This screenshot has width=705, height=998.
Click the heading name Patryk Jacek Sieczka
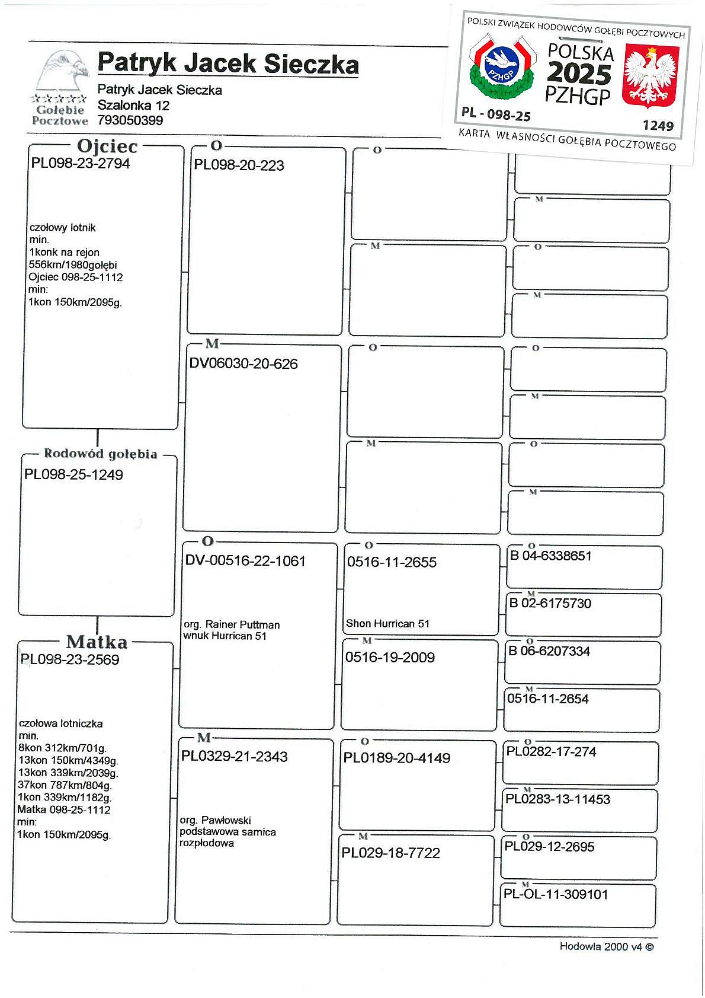pos(228,63)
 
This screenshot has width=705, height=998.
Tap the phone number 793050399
pos(130,120)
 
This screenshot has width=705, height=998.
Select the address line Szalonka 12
pos(133,106)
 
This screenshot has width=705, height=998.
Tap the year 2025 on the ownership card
pos(579,74)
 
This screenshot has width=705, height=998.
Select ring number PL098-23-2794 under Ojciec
pos(81,164)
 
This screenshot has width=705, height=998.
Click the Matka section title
pos(97,642)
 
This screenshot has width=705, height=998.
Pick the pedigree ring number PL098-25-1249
pos(73,474)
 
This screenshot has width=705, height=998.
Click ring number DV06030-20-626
pos(243,364)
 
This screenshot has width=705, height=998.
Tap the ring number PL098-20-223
pos(239,165)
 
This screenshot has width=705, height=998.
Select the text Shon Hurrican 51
pos(387,623)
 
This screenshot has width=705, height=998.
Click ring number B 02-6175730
pos(550,604)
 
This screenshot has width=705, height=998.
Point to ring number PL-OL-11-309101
pos(556,894)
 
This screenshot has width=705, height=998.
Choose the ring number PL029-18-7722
pos(390,853)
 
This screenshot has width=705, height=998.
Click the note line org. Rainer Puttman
pos(232,624)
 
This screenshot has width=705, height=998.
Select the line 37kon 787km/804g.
pos(65,785)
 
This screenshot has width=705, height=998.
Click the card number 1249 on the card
pos(658,126)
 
